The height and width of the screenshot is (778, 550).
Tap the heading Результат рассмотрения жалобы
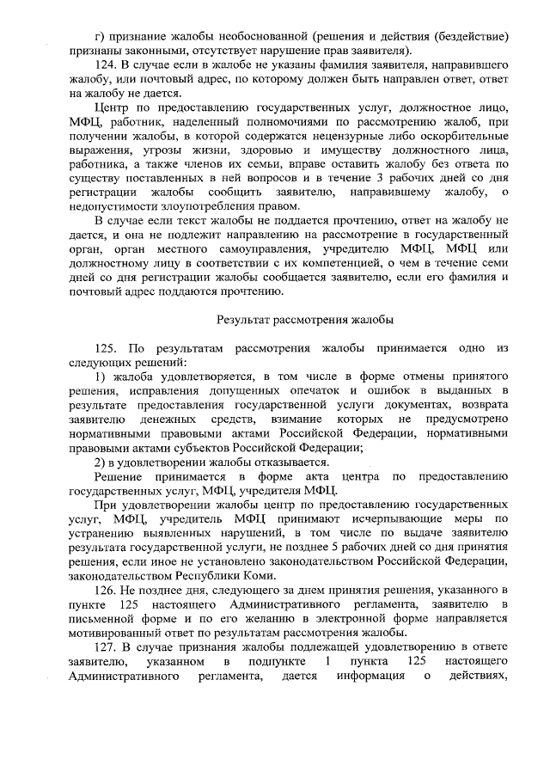(x=305, y=320)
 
